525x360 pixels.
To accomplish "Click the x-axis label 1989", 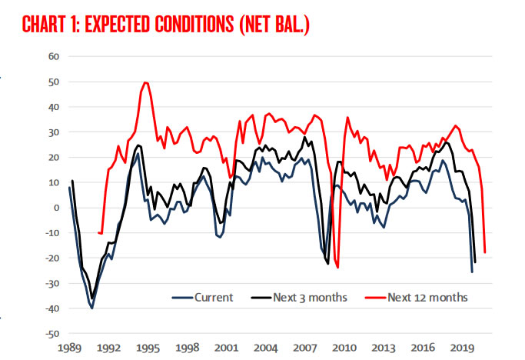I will [69, 348].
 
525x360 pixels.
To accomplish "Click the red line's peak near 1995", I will [145, 82].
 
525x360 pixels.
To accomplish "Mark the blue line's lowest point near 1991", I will [92, 308].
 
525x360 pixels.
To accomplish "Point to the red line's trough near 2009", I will [337, 268].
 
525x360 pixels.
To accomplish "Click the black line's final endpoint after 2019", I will [475, 262].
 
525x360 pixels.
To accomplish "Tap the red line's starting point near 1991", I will [98, 232].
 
